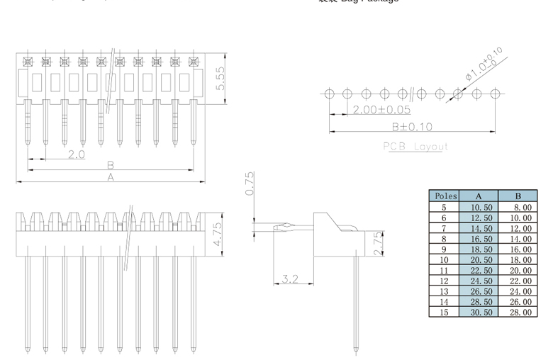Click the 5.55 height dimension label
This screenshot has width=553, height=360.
[x=220, y=78]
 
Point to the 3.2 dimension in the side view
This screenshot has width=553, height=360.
[x=290, y=279]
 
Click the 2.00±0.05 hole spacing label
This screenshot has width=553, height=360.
[x=381, y=110]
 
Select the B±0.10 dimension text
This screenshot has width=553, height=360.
[x=412, y=127]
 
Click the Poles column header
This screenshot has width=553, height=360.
[x=445, y=196]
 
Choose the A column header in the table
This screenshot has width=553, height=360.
[x=479, y=196]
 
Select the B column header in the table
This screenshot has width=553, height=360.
[x=518, y=196]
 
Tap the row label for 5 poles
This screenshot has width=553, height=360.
[x=445, y=208]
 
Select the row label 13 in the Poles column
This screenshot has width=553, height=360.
[x=445, y=291]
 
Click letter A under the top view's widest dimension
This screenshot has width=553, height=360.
[x=110, y=177]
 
